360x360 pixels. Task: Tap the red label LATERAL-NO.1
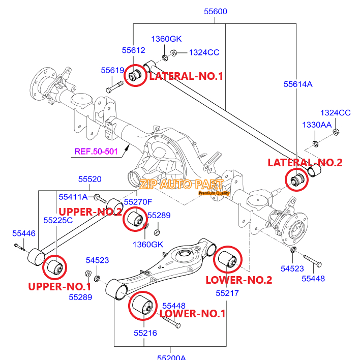(x=186, y=76)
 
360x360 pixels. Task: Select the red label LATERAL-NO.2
(x=305, y=162)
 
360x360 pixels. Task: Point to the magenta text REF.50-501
(x=97, y=151)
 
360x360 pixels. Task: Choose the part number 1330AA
(x=316, y=125)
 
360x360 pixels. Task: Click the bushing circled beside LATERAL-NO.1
(x=135, y=75)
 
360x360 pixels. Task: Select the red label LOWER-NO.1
(x=192, y=313)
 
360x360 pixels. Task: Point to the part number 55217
(x=227, y=293)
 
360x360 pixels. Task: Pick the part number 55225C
(x=58, y=220)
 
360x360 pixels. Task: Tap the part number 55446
(x=24, y=233)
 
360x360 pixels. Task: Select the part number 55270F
(x=138, y=202)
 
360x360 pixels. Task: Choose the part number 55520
(x=89, y=179)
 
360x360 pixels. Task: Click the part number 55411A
(x=73, y=196)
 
